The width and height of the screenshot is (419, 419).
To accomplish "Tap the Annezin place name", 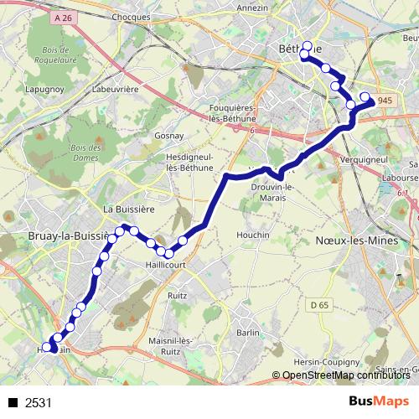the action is coord(252,8).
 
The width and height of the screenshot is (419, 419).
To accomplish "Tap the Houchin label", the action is coord(254,235).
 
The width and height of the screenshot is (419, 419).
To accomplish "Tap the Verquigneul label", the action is coord(363,158).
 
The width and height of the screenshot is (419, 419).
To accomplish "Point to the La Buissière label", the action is coord(125,208).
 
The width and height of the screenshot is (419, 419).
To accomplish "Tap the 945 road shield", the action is coord(385,101).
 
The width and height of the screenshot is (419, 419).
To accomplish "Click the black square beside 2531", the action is coord(13,402).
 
